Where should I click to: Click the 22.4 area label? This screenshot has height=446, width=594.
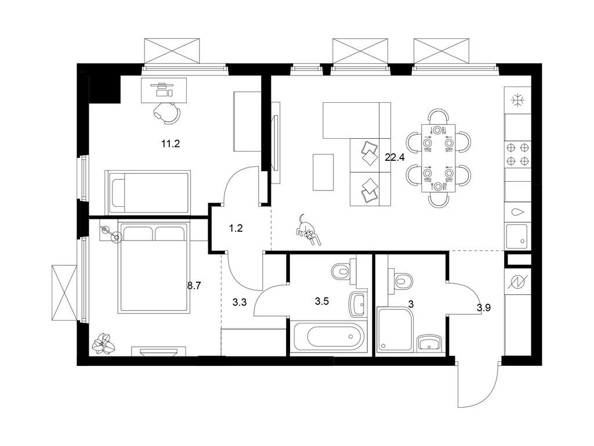click(394, 157)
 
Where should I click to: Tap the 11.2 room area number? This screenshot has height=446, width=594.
click(171, 144)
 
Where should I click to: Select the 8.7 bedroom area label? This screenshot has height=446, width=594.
click(194, 286)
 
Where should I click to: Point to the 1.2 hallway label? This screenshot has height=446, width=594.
click(236, 228)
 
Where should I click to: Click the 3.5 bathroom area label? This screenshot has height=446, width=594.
click(321, 301)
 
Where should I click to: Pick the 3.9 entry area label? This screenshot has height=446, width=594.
click(484, 308)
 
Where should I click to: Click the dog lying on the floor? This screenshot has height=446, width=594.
click(308, 230)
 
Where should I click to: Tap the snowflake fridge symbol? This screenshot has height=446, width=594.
click(517, 100)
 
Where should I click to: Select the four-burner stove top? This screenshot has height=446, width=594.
click(517, 154)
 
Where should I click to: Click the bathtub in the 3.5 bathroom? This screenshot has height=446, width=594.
click(329, 336)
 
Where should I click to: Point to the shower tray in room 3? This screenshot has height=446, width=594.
click(395, 330)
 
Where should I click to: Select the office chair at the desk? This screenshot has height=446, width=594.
click(166, 111)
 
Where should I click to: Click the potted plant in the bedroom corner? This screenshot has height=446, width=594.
click(103, 343)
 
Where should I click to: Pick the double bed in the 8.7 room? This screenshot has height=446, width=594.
click(153, 267)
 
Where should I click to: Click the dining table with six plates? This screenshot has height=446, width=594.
click(439, 158)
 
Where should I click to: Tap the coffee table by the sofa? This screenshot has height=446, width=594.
click(323, 172)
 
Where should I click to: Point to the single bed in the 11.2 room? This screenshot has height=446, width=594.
click(147, 192)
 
